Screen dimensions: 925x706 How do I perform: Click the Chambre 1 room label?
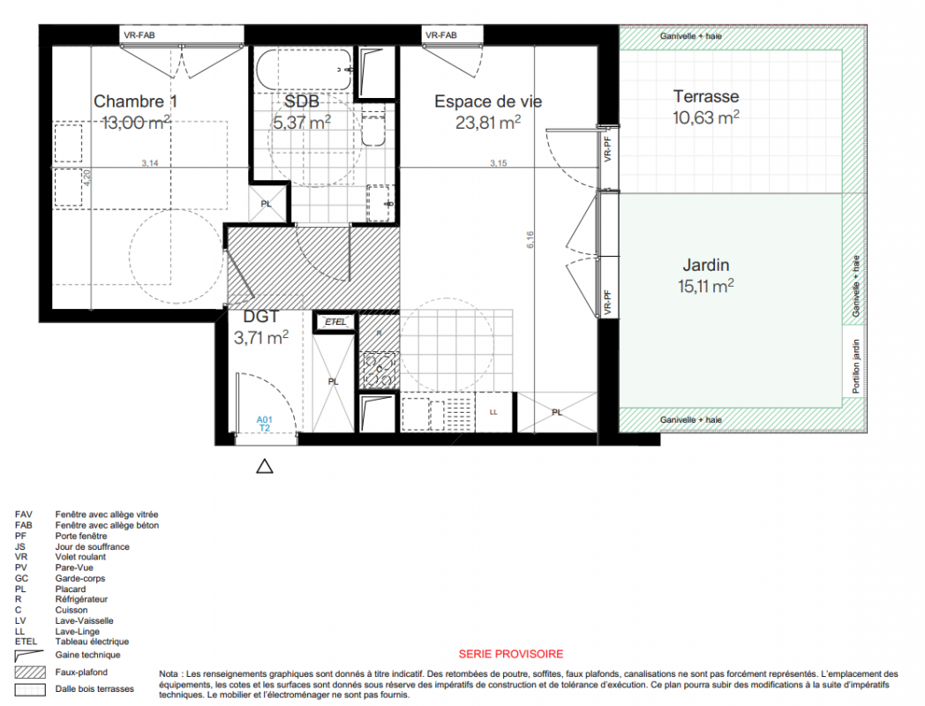pyautogui.click(x=135, y=101)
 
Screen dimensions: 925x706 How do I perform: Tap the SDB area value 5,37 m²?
pyautogui.click(x=302, y=123)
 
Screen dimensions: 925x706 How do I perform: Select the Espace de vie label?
pyautogui.click(x=488, y=101)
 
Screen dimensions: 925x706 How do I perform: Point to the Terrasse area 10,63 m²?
pyautogui.click(x=705, y=117)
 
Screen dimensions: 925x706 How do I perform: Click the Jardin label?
pyautogui.click(x=705, y=266)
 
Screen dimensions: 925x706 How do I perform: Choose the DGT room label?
pyautogui.click(x=260, y=317)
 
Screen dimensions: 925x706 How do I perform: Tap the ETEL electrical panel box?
pyautogui.click(x=335, y=322)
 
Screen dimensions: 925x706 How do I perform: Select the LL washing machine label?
pyautogui.click(x=493, y=412)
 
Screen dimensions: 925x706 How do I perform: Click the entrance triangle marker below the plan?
pyautogui.click(x=265, y=467)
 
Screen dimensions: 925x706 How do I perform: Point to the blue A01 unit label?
pyautogui.click(x=264, y=420)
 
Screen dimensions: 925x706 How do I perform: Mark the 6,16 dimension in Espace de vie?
pyautogui.click(x=530, y=239)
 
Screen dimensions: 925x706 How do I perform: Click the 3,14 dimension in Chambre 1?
pyautogui.click(x=150, y=162)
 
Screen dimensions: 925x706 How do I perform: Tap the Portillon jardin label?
pyautogui.click(x=856, y=366)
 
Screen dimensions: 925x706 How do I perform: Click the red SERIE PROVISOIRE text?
pyautogui.click(x=511, y=654)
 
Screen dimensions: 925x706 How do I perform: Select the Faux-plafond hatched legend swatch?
pyautogui.click(x=30, y=672)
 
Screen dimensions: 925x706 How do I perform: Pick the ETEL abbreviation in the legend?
pyautogui.click(x=26, y=642)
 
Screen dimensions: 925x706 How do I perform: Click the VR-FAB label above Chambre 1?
pyautogui.click(x=139, y=35)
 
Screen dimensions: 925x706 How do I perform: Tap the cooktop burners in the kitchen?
pyautogui.click(x=379, y=370)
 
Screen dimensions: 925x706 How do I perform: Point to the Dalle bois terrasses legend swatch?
pyautogui.click(x=30, y=689)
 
